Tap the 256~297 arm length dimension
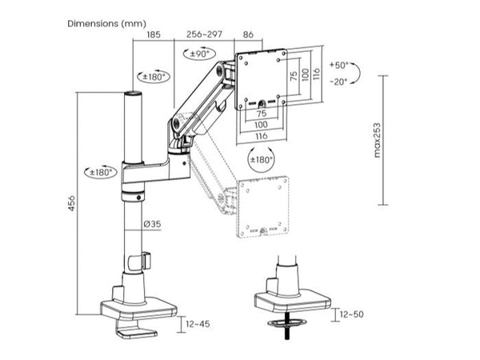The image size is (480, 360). coord(204,35)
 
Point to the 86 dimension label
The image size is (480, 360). coord(248,35)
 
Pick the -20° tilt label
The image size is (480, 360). coord(340,82)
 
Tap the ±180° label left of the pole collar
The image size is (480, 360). coord(101,171)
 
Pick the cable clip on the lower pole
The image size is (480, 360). coord(143,262)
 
